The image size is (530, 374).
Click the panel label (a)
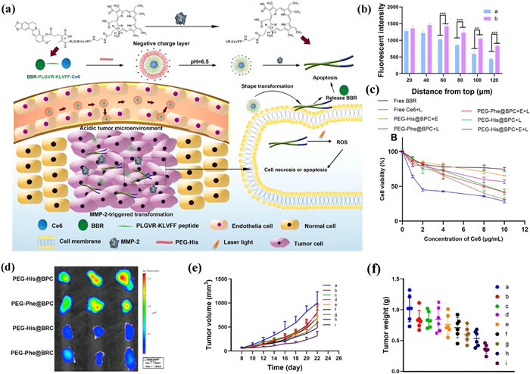point(12,10)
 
